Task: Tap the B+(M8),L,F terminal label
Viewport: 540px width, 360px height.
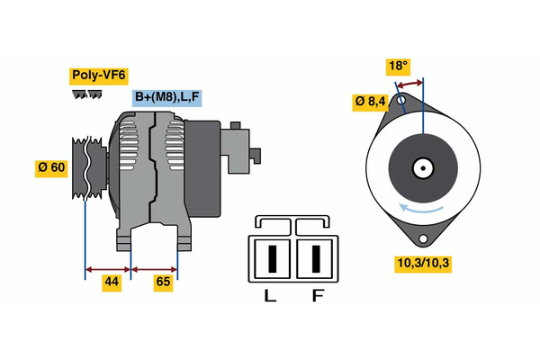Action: tap(168, 97)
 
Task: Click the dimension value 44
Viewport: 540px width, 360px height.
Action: tap(110, 282)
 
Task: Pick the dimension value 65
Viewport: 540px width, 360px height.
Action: tap(164, 282)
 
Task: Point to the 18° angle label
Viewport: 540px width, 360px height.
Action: tap(398, 66)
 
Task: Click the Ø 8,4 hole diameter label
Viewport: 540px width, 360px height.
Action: tap(370, 102)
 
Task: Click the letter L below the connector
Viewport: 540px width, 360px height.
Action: tap(269, 295)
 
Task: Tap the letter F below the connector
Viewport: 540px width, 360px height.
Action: tap(316, 295)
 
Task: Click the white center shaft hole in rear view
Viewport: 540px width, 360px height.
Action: tap(422, 167)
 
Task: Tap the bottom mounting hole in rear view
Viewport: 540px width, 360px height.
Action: tap(422, 239)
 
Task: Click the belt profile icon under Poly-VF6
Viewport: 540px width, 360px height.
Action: tap(86, 94)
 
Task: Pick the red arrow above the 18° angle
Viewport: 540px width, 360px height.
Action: tap(410, 84)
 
